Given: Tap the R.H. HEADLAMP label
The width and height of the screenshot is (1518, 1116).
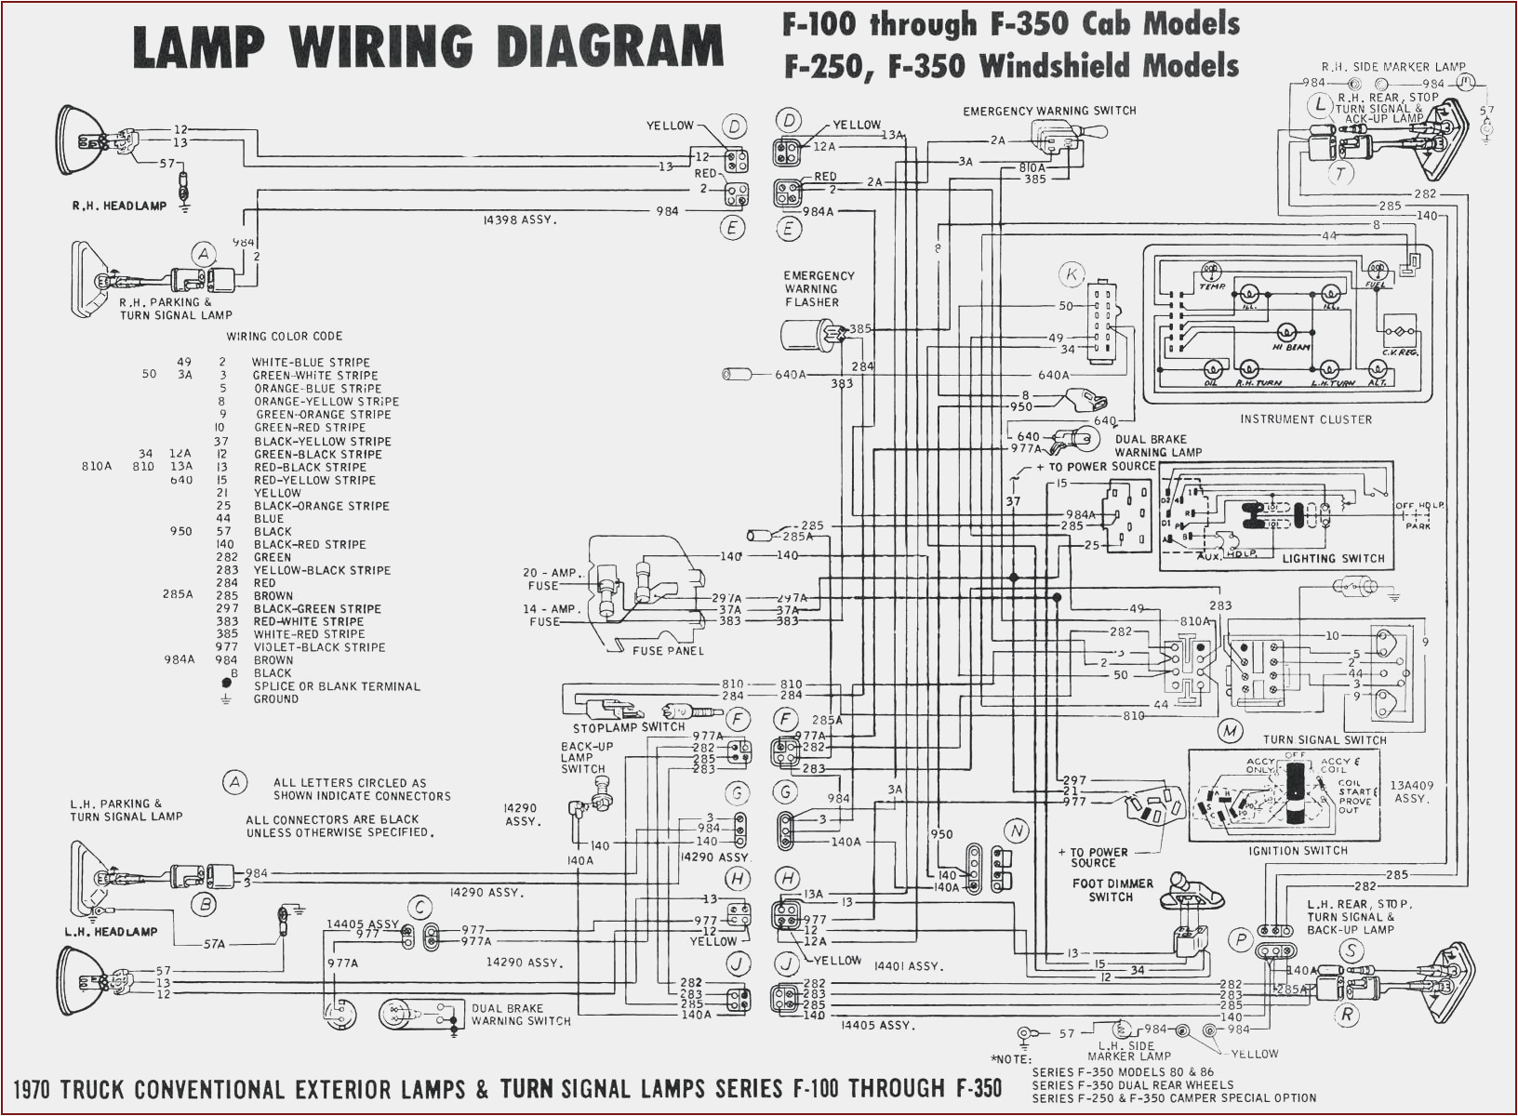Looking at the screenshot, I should click(x=119, y=206).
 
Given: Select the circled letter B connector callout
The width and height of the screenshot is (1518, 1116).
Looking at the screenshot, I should click(x=203, y=904).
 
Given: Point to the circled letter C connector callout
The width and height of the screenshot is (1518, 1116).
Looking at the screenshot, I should click(x=420, y=908).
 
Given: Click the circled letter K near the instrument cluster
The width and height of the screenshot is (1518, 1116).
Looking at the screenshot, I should click(x=1072, y=274).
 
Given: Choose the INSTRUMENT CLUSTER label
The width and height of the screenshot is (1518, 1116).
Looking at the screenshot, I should click(x=1305, y=419).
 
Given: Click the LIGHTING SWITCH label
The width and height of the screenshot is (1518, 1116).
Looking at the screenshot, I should click(x=1333, y=559).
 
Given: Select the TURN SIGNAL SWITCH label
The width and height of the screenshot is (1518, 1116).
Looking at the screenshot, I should click(x=1325, y=740).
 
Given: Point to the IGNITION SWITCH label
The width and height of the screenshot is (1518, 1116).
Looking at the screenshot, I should click(x=1298, y=851).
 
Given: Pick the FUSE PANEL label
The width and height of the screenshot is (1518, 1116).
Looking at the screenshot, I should click(x=668, y=651).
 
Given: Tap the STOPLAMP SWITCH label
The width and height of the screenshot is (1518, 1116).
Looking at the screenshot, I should click(x=629, y=727).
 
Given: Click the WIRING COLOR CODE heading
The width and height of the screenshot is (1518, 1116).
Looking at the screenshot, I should click(x=285, y=336).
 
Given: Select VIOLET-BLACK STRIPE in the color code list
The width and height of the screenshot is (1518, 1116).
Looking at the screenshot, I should click(x=319, y=647).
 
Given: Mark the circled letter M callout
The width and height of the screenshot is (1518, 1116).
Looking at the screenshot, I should click(x=1231, y=731).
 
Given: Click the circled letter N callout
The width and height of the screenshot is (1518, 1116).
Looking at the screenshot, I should click(x=1017, y=831).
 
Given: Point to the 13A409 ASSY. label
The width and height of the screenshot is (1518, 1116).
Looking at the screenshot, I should click(x=1411, y=791).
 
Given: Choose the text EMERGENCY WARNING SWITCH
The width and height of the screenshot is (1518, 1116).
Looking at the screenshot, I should click(x=1049, y=111).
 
